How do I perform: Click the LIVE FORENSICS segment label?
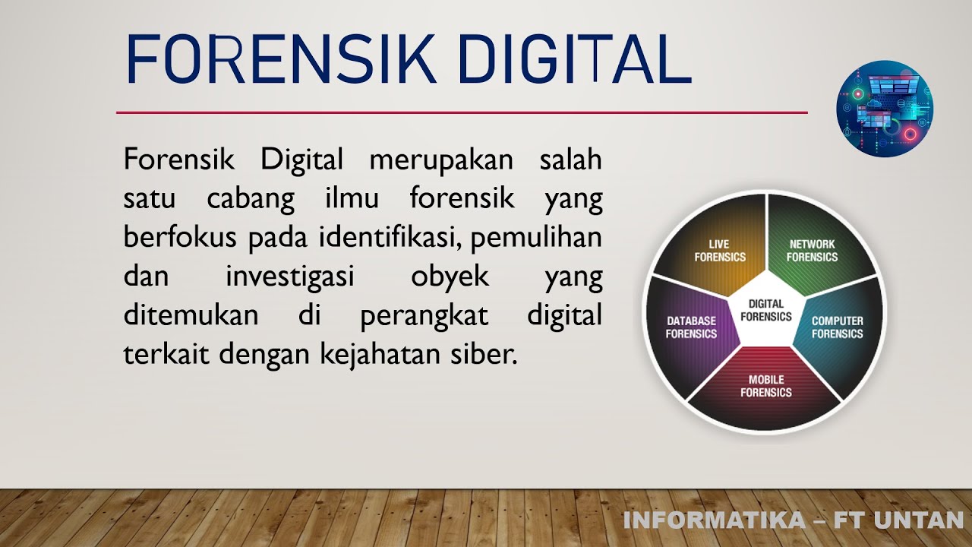pyautogui.click(x=720, y=251)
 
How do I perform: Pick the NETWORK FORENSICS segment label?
pyautogui.click(x=812, y=251)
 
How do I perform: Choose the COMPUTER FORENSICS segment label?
pyautogui.click(x=837, y=327)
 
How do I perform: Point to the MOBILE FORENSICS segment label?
pyautogui.click(x=766, y=386)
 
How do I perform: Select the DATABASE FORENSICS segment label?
pyautogui.click(x=691, y=327)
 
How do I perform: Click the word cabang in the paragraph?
pyautogui.click(x=251, y=199)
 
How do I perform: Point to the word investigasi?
pyautogui.click(x=290, y=277)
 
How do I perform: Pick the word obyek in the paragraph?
pyautogui.click(x=450, y=277)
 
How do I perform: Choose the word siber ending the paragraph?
pyautogui.click(x=491, y=354)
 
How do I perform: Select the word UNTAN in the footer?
pyautogui.click(x=920, y=520)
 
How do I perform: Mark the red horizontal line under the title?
pyautogui.click(x=462, y=112)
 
